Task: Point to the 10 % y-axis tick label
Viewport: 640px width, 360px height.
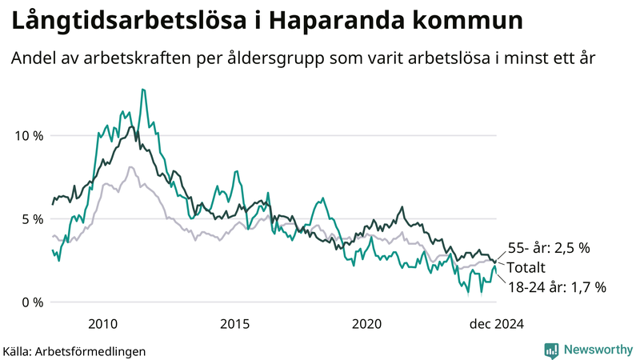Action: click(x=30, y=135)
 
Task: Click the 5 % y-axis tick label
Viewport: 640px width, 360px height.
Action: click(x=33, y=218)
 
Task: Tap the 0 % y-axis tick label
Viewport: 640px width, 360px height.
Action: click(x=33, y=302)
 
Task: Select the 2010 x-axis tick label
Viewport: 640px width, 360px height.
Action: click(x=104, y=323)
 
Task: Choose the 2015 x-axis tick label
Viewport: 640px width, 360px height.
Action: click(x=235, y=323)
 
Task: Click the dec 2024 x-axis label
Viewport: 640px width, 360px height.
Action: click(x=496, y=323)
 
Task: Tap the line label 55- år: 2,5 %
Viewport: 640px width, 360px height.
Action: click(x=549, y=248)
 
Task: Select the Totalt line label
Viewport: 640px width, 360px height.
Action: click(x=529, y=267)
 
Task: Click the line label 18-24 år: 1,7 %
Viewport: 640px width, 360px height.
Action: click(x=557, y=286)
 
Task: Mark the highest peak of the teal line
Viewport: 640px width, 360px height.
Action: click(x=142, y=90)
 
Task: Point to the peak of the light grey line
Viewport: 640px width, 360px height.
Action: click(x=130, y=167)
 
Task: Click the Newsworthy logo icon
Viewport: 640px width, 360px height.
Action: click(x=551, y=350)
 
